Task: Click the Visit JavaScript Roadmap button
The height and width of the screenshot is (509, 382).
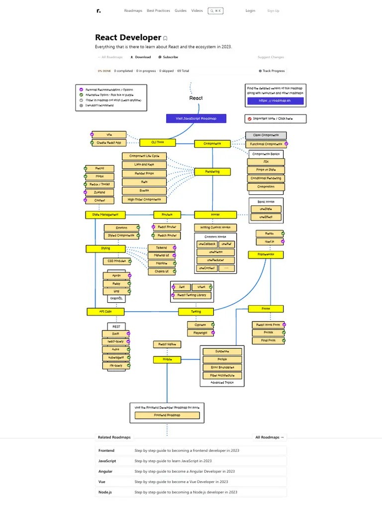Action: (196, 118)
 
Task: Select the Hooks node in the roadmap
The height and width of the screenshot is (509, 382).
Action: (215, 215)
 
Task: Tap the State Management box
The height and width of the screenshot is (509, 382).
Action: (105, 215)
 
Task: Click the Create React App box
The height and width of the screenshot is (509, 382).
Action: (109, 143)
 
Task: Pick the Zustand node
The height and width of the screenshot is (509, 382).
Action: (99, 192)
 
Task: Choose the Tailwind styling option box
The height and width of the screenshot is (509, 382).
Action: (162, 248)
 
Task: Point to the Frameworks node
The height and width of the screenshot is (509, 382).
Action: (266, 254)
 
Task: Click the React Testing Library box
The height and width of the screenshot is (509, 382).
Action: (191, 295)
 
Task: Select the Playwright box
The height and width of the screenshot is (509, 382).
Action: (200, 333)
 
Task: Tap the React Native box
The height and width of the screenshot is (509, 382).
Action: (167, 344)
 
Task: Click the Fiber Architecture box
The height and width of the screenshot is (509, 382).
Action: (222, 375)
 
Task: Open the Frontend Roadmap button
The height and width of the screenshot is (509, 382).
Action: (167, 415)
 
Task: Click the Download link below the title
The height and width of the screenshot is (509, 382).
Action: (141, 57)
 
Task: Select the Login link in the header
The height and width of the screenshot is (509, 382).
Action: (250, 10)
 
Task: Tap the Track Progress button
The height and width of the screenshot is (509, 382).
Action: (272, 71)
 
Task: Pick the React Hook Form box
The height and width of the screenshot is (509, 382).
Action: (268, 325)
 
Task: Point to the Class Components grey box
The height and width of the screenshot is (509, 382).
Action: (266, 135)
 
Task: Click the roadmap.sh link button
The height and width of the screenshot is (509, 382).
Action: (275, 100)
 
